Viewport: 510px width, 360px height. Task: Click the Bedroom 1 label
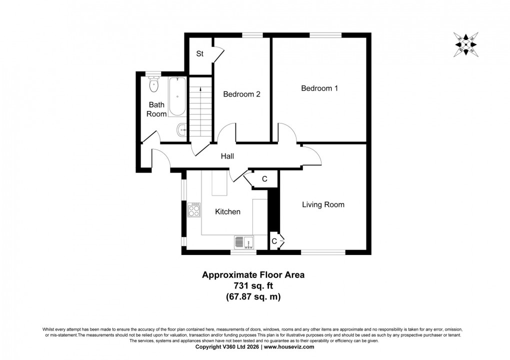[x=319, y=88]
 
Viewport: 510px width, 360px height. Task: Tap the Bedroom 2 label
[x=241, y=94]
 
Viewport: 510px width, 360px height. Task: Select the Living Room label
[x=323, y=204]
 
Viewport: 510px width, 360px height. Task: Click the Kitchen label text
[x=227, y=212]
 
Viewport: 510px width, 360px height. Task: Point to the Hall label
[x=227, y=156]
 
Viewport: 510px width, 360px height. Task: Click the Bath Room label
[x=156, y=109]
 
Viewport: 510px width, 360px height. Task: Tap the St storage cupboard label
[x=199, y=54]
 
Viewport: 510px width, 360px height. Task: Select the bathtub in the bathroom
[x=177, y=96]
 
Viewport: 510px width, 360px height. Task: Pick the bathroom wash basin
[x=181, y=130]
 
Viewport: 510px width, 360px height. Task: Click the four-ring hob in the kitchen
[x=194, y=209]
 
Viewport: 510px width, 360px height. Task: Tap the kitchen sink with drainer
[x=244, y=242]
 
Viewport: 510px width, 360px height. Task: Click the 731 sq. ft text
[x=252, y=285]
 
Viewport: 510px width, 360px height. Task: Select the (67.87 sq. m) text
[x=252, y=296]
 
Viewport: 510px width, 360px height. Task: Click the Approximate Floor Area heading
[x=252, y=274]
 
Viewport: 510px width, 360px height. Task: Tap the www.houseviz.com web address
[x=289, y=346]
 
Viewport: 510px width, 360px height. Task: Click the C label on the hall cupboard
[x=264, y=179]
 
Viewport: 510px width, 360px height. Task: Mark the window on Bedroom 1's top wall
[x=325, y=35]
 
